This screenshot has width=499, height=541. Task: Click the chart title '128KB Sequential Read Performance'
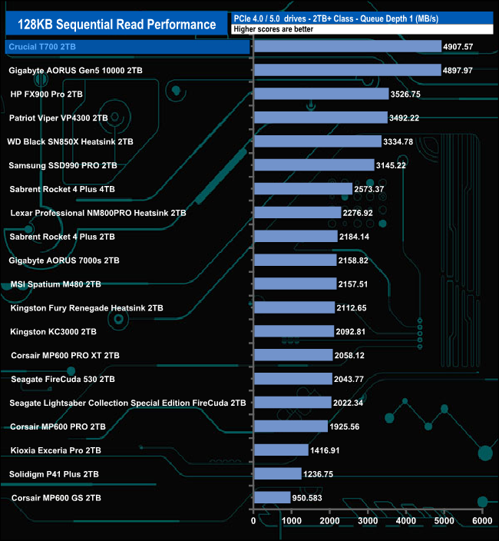point(117,24)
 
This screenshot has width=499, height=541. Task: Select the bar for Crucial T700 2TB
point(348,46)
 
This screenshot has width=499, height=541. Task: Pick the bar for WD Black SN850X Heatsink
point(317,141)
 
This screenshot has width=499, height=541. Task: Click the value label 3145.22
point(396,165)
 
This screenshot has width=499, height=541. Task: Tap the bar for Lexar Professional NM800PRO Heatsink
point(297,212)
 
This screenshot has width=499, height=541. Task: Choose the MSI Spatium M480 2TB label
point(56,284)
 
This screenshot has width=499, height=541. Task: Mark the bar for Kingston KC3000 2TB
point(293,331)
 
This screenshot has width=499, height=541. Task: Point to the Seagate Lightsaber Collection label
point(128,403)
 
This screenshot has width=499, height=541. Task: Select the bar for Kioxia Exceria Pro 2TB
point(280,450)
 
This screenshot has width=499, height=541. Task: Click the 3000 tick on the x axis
point(367,521)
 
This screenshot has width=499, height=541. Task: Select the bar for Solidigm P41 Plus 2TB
point(277,473)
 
